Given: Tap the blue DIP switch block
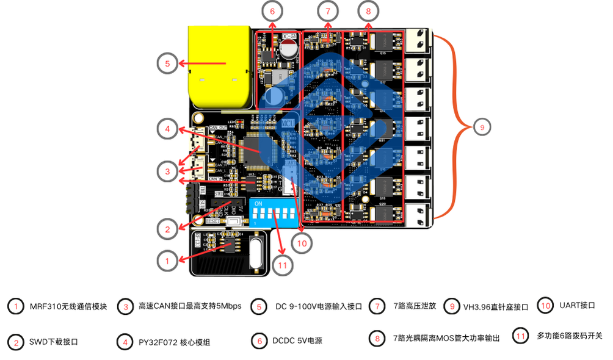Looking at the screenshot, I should tap(273, 212).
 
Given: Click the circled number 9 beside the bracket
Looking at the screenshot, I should tap(482, 127).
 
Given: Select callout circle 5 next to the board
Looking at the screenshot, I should tap(167, 63).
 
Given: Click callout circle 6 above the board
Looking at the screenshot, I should tap(272, 11).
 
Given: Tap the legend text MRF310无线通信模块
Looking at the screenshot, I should tap(68, 306).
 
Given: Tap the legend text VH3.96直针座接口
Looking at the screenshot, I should tap(495, 307).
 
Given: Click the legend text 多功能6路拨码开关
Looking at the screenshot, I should tap(569, 336).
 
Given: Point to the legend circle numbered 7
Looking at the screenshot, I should tap(378, 306).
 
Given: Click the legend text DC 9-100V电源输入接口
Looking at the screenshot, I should tap(319, 306).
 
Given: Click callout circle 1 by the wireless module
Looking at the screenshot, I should tap(166, 261).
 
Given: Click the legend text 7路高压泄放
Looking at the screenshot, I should tap(415, 306).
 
